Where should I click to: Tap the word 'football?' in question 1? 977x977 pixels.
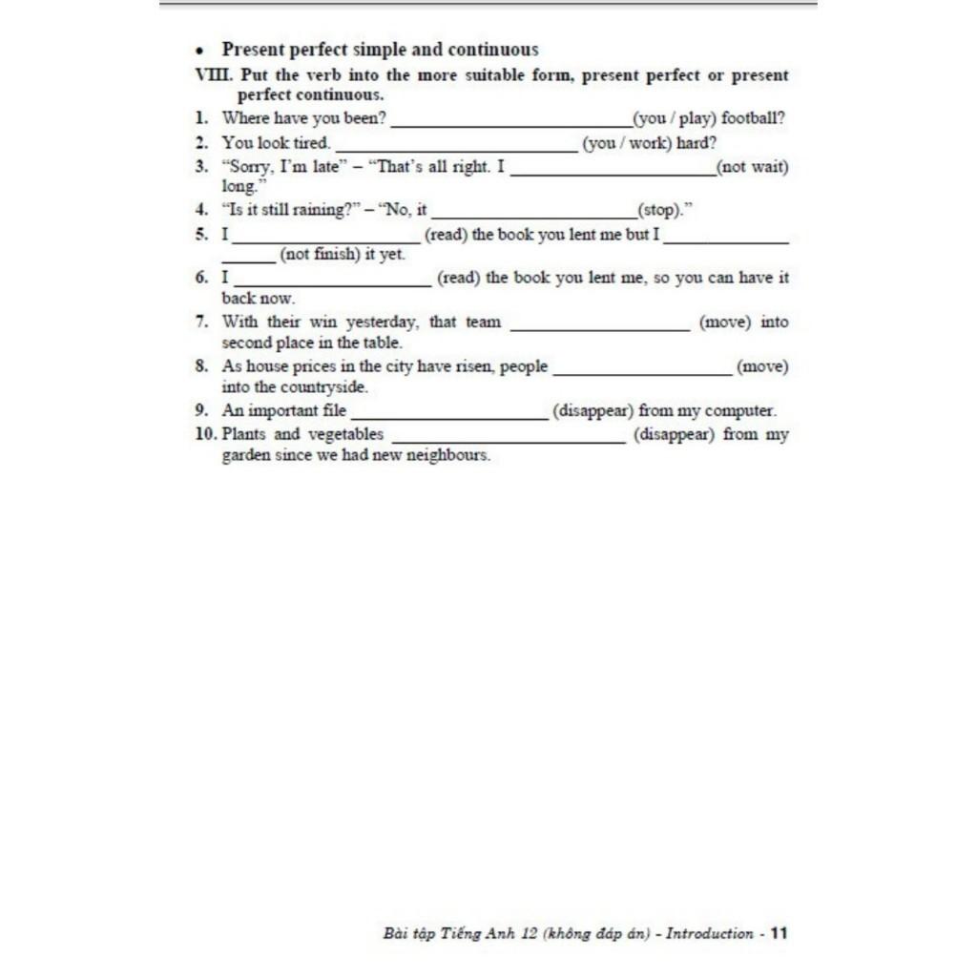(x=753, y=119)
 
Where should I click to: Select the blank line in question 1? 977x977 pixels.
(x=510, y=124)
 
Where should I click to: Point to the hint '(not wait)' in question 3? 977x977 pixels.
(x=753, y=167)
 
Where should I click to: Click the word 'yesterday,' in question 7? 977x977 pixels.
(x=382, y=322)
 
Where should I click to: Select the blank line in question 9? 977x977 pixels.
(x=448, y=416)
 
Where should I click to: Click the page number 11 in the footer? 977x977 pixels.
(x=780, y=933)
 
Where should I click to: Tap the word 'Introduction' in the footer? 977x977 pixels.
(x=709, y=933)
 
